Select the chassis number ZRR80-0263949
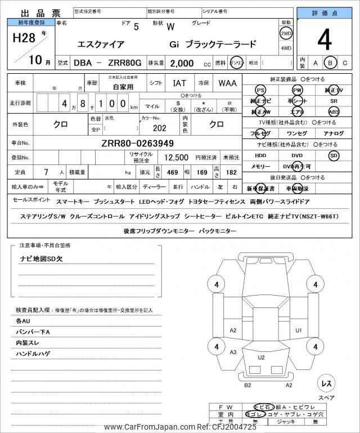137,143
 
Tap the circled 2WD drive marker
286,33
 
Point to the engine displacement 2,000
182,64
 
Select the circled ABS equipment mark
334,111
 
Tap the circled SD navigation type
334,155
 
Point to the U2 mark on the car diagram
261,357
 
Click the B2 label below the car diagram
247,385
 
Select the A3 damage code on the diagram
233,352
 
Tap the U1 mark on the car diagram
299,330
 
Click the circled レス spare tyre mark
325,383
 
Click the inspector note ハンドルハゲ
33,354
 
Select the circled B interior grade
331,63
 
